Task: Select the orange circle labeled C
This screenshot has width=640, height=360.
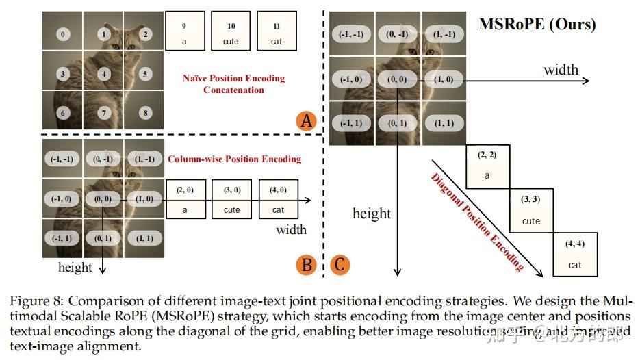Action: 340,263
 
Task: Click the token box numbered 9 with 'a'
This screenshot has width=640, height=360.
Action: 184,33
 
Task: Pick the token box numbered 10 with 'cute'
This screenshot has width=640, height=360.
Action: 231,33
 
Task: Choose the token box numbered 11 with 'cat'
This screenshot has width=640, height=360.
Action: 277,33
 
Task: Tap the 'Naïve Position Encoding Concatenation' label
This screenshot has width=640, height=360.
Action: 233,83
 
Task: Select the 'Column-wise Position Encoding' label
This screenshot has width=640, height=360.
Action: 234,159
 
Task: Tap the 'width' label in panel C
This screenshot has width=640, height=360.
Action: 561,70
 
